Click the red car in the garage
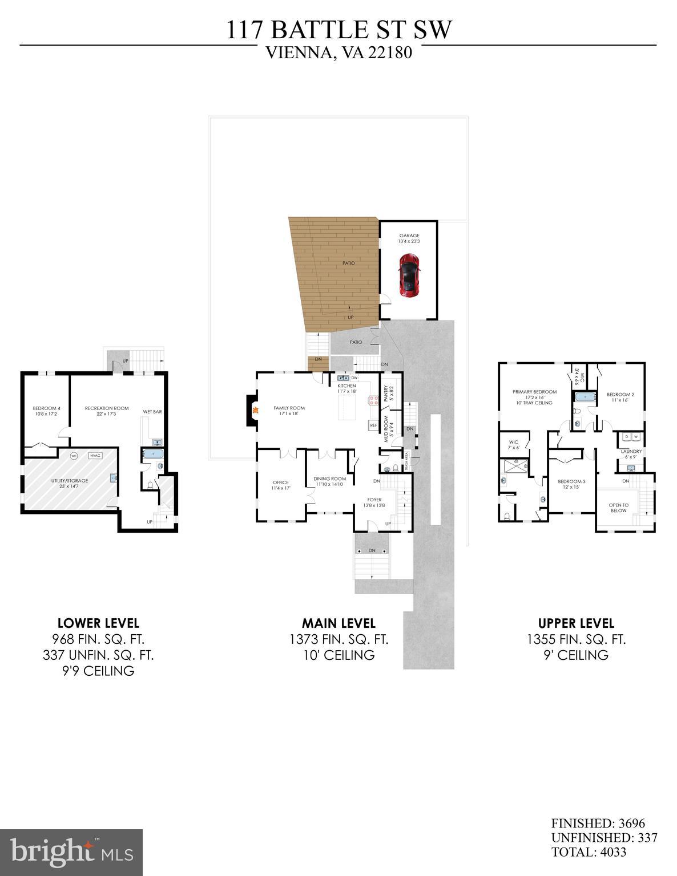click(409, 275)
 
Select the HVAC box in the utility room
click(95, 456)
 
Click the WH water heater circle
click(74, 456)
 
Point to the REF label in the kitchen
click(373, 425)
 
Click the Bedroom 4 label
click(46, 408)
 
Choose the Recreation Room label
click(107, 408)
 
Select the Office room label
click(280, 482)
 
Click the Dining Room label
click(329, 478)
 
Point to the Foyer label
click(374, 500)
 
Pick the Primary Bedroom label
click(534, 392)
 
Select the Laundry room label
click(631, 451)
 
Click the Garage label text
click(409, 236)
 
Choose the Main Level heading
click(338, 623)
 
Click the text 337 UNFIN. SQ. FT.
click(98, 655)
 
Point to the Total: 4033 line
click(589, 852)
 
